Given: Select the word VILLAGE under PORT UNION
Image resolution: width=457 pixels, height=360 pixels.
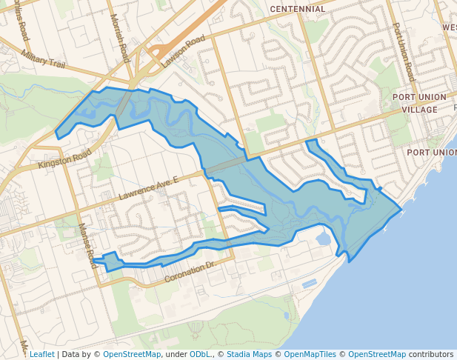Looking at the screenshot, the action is click(x=419, y=110).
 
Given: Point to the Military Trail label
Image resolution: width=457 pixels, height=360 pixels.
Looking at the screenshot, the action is click(x=44, y=59).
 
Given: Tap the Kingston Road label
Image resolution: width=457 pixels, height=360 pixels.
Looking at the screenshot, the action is click(x=64, y=157).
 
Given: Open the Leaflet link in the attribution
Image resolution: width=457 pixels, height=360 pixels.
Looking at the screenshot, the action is click(x=41, y=354).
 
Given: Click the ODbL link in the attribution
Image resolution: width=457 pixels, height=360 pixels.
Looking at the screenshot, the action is click(x=200, y=354).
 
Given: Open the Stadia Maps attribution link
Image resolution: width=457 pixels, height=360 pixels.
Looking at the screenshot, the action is click(x=249, y=354).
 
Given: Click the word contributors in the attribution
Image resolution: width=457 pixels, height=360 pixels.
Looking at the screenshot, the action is click(x=431, y=354).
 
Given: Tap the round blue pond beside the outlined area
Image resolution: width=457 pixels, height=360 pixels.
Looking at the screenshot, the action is click(x=323, y=239).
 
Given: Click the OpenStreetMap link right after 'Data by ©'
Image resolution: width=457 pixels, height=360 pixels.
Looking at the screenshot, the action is click(x=132, y=354).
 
